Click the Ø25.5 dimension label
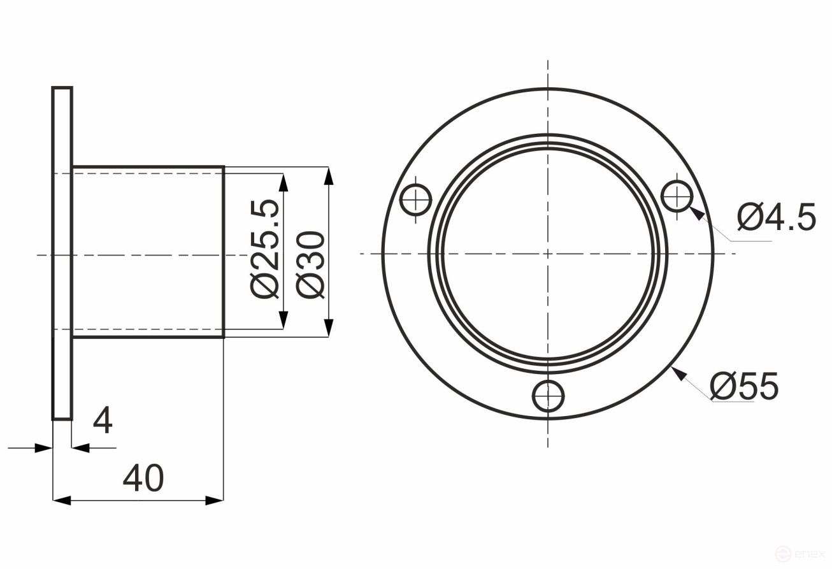click(265, 248)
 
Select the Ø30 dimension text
click(312, 264)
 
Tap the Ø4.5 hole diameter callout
click(776, 218)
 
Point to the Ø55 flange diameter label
click(744, 386)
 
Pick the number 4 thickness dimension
click(103, 421)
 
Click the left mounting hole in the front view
click(415, 200)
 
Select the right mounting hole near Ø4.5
click(678, 196)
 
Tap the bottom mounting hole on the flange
click(548, 396)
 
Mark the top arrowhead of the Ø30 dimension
click(328, 176)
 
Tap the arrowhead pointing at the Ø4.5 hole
click(697, 213)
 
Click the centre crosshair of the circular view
click(548, 254)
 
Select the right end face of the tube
click(224, 252)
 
